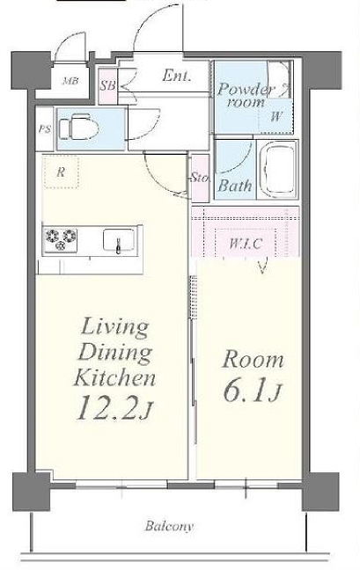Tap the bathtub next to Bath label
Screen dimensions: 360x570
tap(278, 170)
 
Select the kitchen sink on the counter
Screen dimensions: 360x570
tap(118, 240)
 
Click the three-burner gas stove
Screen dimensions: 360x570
tap(61, 239)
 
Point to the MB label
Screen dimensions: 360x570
tap(70, 81)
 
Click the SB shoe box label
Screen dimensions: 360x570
tap(108, 86)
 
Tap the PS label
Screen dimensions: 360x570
tap(45, 129)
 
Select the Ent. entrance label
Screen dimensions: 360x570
tap(176, 76)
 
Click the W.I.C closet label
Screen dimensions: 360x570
tap(246, 243)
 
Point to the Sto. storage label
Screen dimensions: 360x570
tap(201, 178)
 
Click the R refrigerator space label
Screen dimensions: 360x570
tap(61, 172)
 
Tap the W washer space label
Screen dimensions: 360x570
tap(276, 117)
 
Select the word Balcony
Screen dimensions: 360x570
tap(170, 526)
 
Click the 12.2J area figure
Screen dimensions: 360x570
tap(114, 407)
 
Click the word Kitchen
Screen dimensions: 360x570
tap(115, 376)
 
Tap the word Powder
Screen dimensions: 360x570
tap(246, 90)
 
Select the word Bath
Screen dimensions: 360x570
tap(235, 186)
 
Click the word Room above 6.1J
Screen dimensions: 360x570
tap(253, 360)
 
